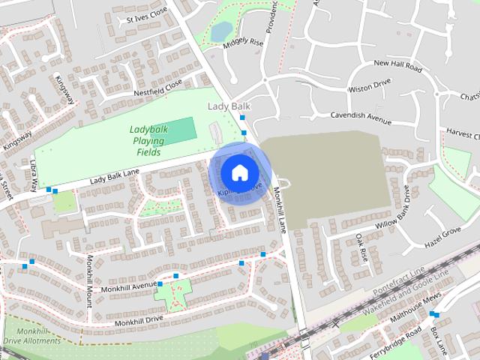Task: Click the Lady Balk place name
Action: (x=229, y=106)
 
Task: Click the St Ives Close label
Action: (x=147, y=14)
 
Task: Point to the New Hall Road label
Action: (x=397, y=65)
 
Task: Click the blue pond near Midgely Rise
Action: (x=221, y=31)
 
